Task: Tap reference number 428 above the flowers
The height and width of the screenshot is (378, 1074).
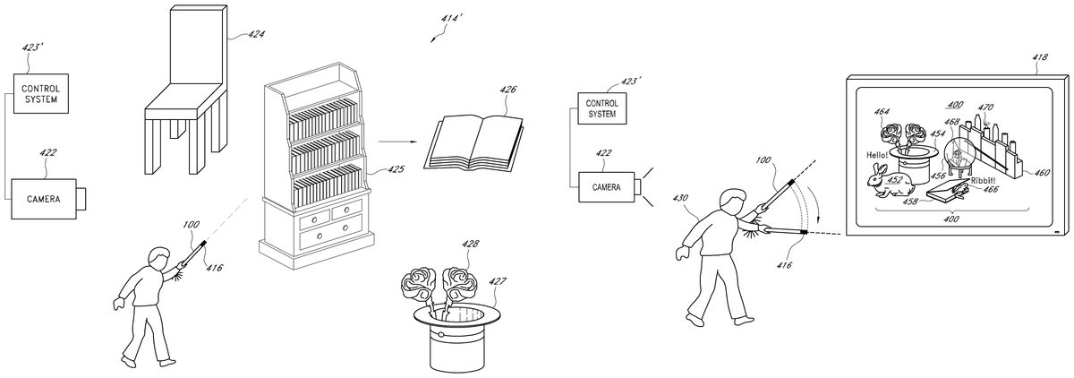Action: (470, 245)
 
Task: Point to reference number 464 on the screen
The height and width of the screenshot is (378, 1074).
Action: (882, 112)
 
